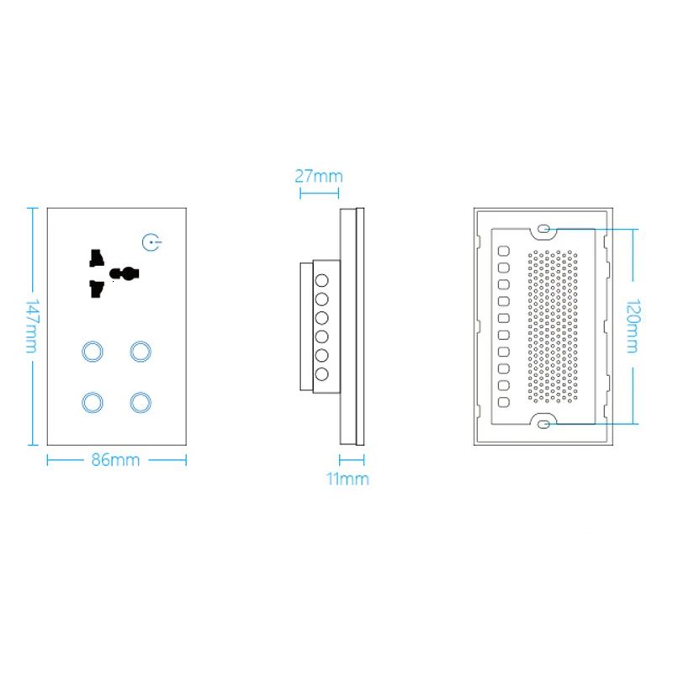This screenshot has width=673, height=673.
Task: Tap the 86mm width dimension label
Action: [x=116, y=460]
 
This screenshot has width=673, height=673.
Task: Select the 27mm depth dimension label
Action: [x=318, y=176]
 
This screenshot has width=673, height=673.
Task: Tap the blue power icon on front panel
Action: [x=150, y=243]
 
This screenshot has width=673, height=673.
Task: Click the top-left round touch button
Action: [x=93, y=349]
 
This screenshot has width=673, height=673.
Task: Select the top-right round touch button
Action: [x=140, y=349]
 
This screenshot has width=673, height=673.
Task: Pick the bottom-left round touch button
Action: [x=93, y=402]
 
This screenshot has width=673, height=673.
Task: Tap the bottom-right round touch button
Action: [x=140, y=402]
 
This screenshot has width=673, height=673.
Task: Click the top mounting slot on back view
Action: [x=543, y=229]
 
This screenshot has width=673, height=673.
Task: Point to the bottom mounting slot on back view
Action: [x=543, y=424]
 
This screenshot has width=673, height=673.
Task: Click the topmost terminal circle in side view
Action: [x=321, y=278]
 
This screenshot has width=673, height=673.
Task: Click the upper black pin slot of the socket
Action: [x=96, y=254]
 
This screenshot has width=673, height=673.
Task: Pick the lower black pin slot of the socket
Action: [x=96, y=289]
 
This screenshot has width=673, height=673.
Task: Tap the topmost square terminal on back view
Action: [x=503, y=251]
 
